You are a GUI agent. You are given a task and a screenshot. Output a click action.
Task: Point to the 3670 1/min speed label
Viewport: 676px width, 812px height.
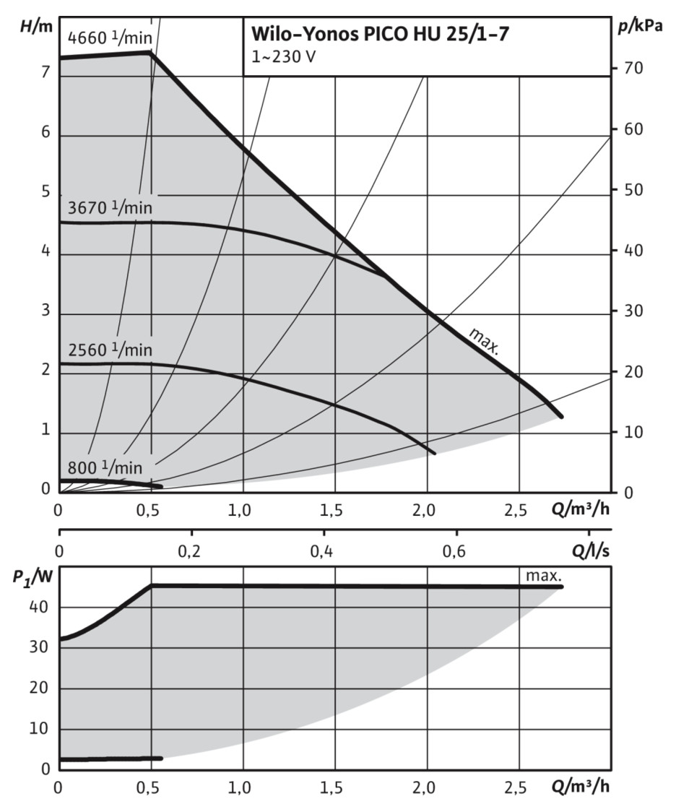[x=110, y=207]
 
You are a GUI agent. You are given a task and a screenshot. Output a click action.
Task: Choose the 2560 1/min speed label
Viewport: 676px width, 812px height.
[x=110, y=350]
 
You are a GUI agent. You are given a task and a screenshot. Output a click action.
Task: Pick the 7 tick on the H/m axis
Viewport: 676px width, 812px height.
[x=45, y=72]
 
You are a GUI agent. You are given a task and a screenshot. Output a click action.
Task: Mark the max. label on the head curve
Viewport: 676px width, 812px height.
[x=484, y=342]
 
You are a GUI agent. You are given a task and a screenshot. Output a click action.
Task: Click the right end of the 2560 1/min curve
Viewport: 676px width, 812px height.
[x=434, y=453]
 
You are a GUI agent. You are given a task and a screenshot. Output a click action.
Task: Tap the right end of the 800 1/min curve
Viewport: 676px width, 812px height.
[x=161, y=486]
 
